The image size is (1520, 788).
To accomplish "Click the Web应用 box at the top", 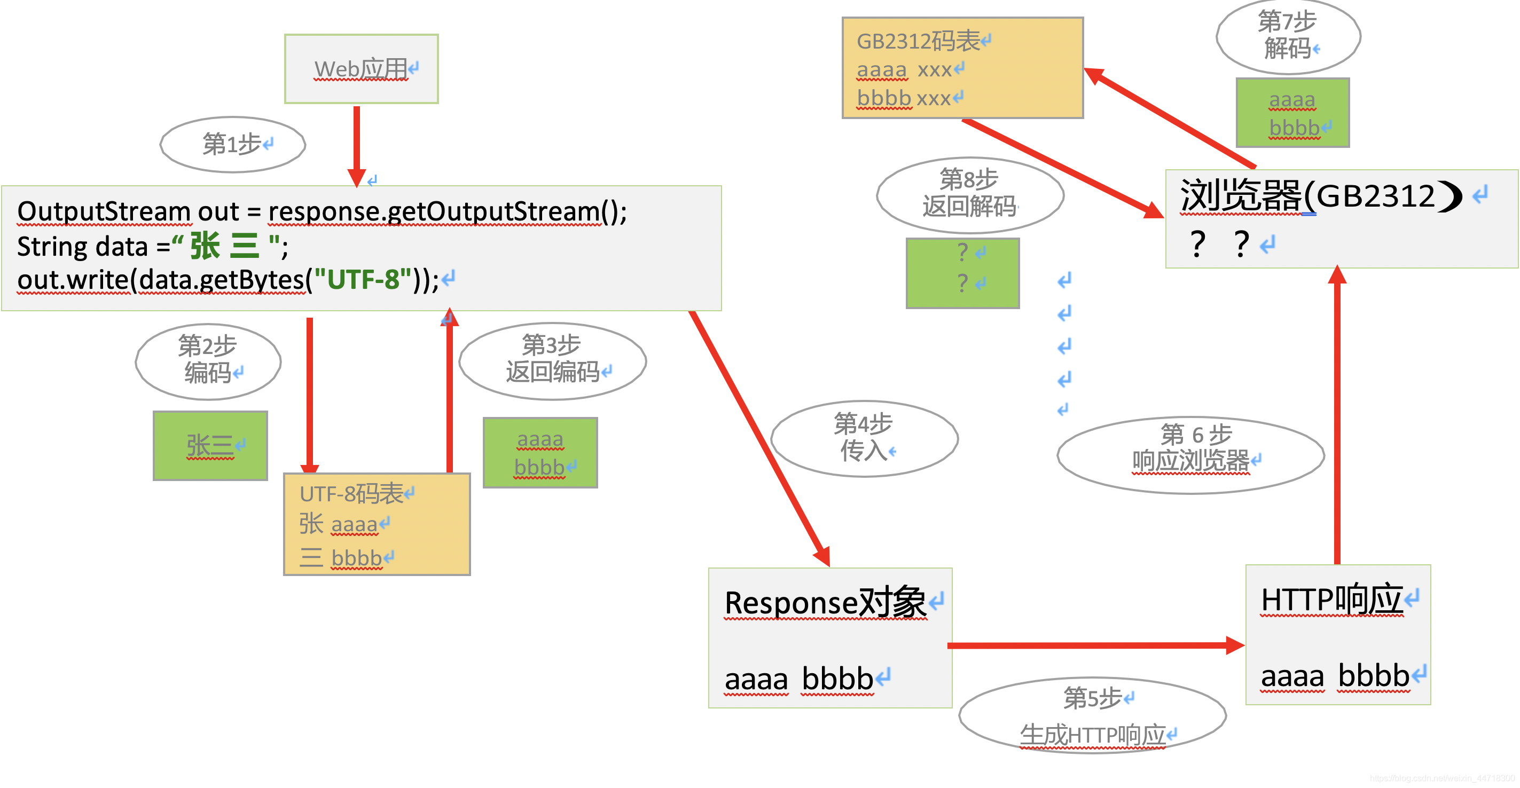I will pos(361,68).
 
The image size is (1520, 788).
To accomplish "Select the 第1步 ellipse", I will pos(233,145).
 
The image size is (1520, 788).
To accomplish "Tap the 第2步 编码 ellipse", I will pos(208,361).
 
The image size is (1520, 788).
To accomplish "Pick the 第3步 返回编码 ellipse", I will pos(552,360).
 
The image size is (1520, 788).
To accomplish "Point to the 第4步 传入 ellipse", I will pos(865,438).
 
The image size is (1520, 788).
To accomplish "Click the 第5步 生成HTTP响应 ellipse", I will pos(1092,715).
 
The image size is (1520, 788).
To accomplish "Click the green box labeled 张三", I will pos(210,446).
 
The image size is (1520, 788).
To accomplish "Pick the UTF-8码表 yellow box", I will pos(377,524).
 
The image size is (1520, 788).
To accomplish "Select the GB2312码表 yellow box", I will pos(962,68).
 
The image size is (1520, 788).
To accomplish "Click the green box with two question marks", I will pos(962,273).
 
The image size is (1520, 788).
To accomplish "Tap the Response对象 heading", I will pos(826,603).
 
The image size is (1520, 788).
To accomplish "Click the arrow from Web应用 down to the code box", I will pos(356,145).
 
